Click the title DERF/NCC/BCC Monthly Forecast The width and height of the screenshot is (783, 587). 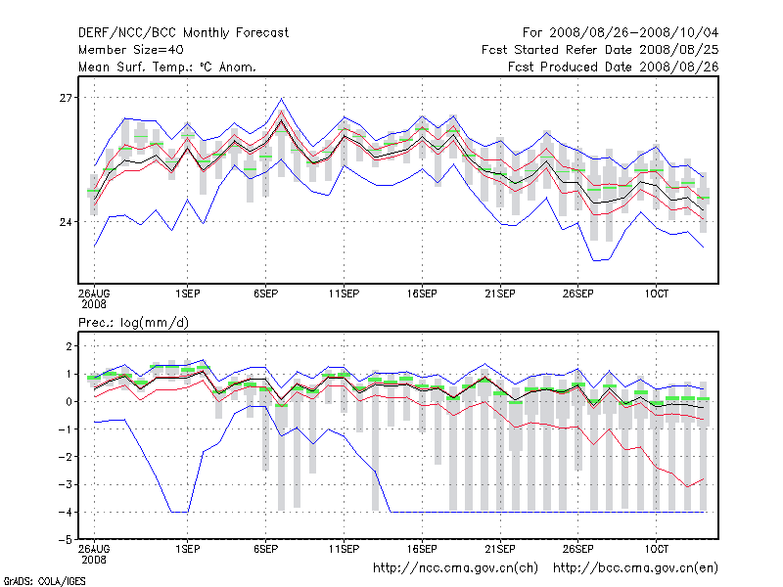[x=183, y=32]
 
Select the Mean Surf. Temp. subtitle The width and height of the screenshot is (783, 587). [x=167, y=67]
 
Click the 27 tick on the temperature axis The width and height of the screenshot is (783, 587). [x=67, y=98]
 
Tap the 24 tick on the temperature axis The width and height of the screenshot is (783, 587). [x=67, y=222]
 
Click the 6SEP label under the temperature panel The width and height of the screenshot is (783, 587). [x=266, y=293]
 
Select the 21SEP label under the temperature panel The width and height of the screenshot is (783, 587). [x=499, y=293]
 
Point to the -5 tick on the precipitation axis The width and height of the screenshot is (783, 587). [x=65, y=539]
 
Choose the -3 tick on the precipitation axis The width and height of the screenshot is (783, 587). [x=65, y=484]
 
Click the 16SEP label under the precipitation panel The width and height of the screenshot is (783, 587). [x=421, y=549]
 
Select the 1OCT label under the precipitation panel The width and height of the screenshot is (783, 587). [x=656, y=549]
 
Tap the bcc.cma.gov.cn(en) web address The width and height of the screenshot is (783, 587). [x=636, y=567]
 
